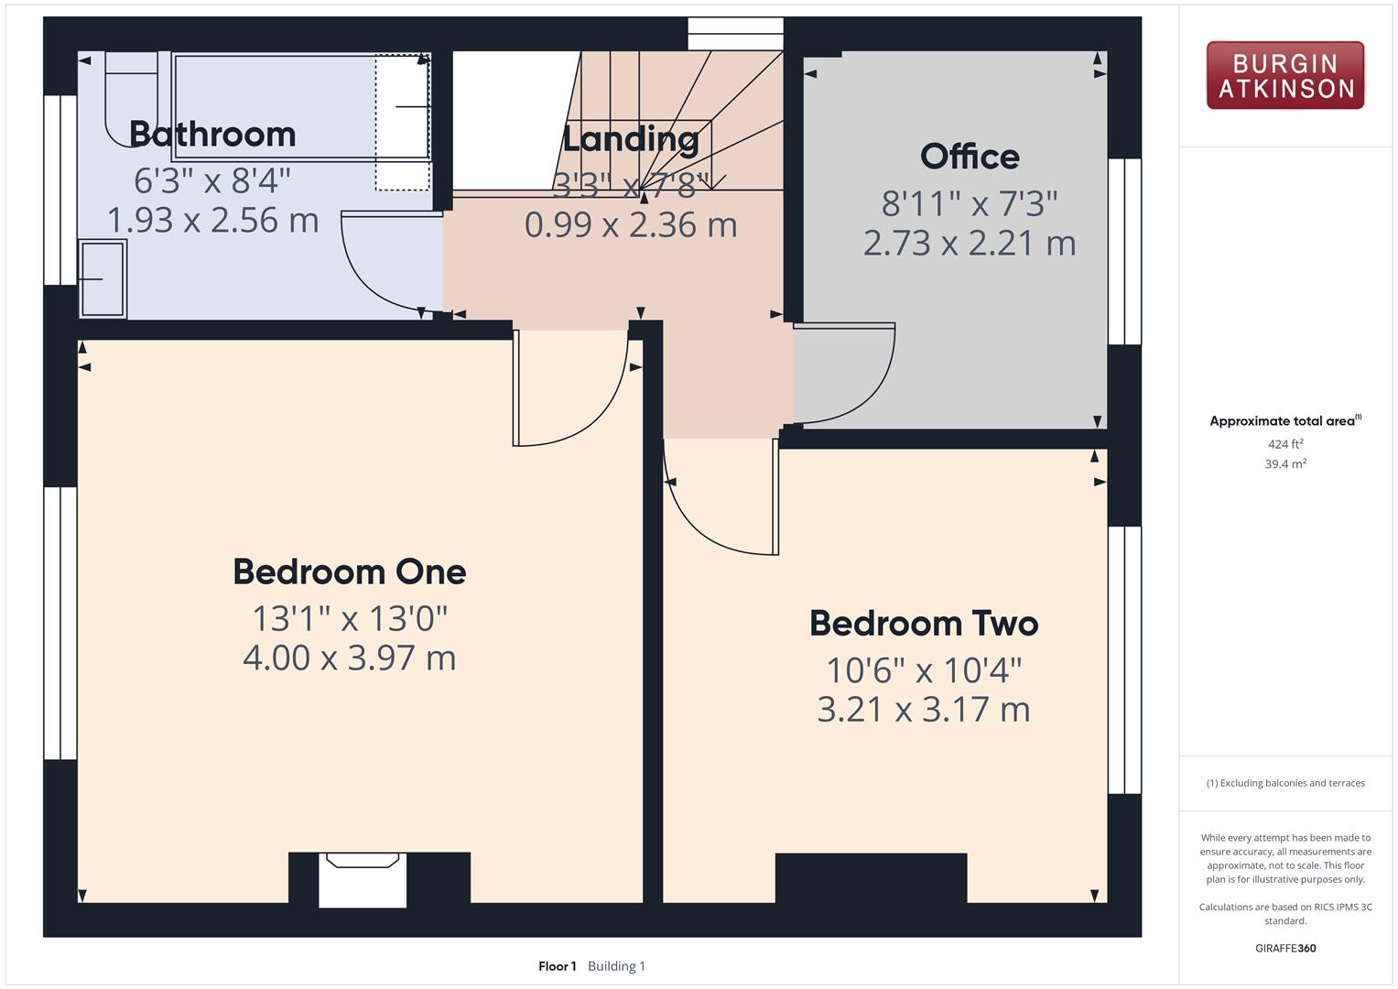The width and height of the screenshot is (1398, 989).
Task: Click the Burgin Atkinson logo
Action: click(x=1285, y=75)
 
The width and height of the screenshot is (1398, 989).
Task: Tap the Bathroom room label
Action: click(x=212, y=135)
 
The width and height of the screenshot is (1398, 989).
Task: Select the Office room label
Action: click(x=970, y=156)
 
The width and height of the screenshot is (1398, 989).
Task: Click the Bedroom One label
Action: click(x=350, y=572)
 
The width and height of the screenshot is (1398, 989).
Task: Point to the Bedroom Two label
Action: click(x=924, y=623)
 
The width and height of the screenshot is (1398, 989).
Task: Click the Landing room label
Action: click(x=631, y=138)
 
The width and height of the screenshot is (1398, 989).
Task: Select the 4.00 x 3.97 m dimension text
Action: click(x=350, y=658)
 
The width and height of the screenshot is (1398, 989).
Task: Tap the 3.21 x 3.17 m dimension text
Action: click(x=924, y=710)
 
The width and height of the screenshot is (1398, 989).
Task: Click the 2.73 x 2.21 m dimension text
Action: click(x=970, y=243)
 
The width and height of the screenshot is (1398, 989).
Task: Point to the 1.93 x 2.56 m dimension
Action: click(x=212, y=221)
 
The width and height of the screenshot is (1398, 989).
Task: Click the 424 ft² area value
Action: click(x=1285, y=444)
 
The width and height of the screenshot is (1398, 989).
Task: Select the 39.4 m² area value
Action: click(x=1285, y=464)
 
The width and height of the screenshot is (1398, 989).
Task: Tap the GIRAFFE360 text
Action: click(x=1285, y=948)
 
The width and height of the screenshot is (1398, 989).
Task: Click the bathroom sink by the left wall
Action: click(x=103, y=278)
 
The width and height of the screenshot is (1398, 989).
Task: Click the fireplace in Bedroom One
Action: click(x=363, y=879)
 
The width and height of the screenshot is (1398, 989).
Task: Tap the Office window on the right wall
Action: click(x=1124, y=251)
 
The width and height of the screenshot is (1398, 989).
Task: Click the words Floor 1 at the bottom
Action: click(x=558, y=966)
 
